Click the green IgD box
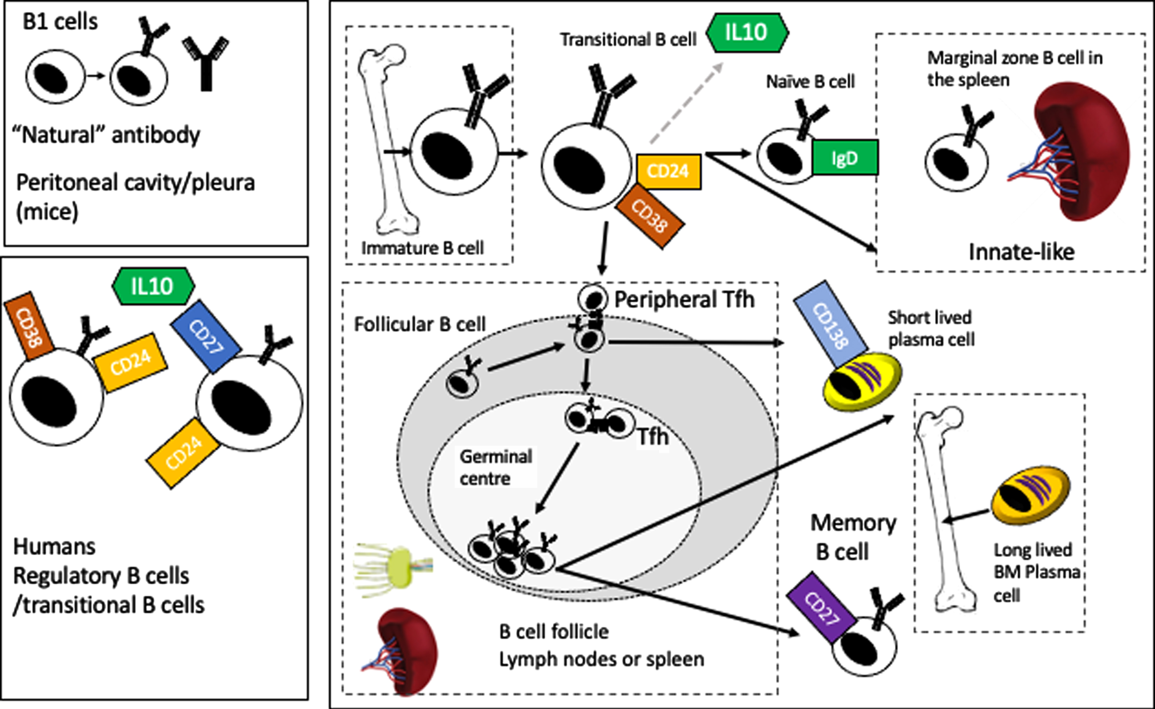pyautogui.click(x=845, y=157)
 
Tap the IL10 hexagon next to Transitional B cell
pyautogui.click(x=747, y=32)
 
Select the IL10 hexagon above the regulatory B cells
pyautogui.click(x=153, y=285)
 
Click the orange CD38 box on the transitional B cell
pyautogui.click(x=650, y=216)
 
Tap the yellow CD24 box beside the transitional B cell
pyautogui.click(x=669, y=172)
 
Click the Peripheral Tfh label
pyautogui.click(x=685, y=299)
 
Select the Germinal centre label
pyautogui.click(x=496, y=468)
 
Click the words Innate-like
pyautogui.click(x=1022, y=252)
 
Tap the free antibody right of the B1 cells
pyautogui.click(x=206, y=63)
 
